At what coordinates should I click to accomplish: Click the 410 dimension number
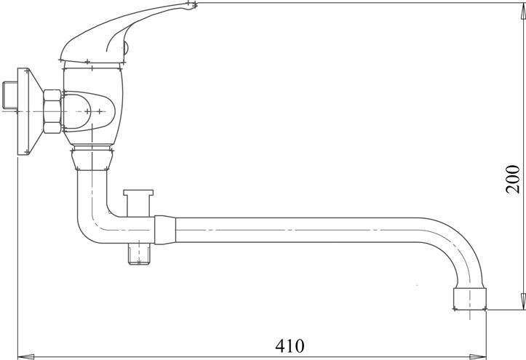290,346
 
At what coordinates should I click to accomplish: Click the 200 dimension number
513,180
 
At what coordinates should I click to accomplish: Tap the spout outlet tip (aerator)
470,299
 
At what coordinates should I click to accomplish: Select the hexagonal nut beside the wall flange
52,111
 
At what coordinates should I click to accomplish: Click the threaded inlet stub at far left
10,95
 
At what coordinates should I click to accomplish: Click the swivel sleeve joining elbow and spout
165,230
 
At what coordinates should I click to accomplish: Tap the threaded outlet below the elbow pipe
139,254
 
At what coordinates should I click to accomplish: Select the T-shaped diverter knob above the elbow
138,202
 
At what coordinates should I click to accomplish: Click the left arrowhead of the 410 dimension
25,356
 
